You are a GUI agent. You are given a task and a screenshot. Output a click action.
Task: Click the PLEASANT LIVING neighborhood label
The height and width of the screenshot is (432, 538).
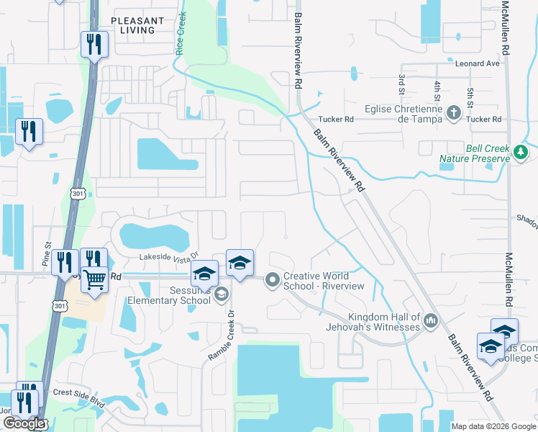coord(138,26)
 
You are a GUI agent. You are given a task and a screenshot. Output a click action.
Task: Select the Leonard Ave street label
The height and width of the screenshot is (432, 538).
coord(477,63)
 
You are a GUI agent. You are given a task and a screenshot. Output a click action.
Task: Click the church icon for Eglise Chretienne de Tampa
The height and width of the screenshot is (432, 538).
coord(453,112)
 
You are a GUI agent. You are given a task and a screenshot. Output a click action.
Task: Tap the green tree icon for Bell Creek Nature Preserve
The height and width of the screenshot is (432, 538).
coord(521,152)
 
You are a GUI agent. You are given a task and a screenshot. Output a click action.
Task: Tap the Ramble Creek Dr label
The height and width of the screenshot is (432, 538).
coord(223,333)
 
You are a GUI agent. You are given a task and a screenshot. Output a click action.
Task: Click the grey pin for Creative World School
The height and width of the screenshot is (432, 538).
coord(272,279)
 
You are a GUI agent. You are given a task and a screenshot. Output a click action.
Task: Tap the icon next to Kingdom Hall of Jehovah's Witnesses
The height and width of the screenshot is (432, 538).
coord(431,320)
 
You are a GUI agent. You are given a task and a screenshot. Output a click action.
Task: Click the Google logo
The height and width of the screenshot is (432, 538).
coord(24,423)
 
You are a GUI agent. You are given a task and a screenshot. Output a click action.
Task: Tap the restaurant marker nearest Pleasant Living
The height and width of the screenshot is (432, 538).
coord(94,45)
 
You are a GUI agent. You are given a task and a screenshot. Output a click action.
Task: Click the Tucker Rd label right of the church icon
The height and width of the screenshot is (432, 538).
coord(486,119)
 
